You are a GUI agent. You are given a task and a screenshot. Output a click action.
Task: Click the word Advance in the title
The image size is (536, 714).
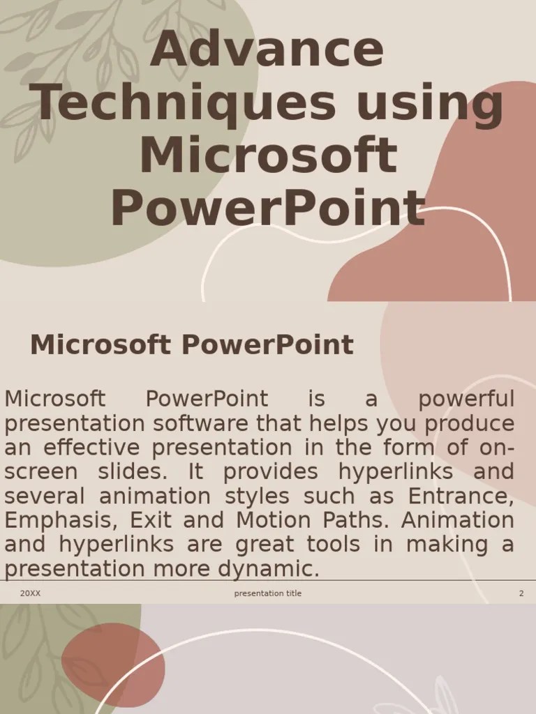coord(267,50)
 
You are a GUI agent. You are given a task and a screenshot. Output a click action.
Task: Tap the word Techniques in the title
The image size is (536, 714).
coord(186,103)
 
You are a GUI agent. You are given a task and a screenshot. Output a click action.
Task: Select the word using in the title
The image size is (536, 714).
coord(429,103)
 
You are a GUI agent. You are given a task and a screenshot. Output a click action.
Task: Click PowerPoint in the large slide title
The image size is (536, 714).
coord(267,208)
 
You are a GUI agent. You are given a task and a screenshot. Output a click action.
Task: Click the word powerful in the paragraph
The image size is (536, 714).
coord(466,400)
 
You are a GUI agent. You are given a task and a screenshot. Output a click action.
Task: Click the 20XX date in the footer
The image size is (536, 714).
coord(30,593)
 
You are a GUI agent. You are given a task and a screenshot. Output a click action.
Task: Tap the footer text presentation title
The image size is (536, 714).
coord(268,593)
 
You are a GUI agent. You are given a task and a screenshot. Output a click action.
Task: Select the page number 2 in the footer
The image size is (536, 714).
coord(521,593)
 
